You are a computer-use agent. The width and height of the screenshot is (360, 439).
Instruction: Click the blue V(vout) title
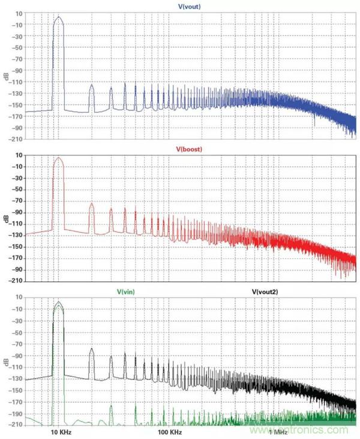189,6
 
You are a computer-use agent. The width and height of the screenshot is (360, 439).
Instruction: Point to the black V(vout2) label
265,291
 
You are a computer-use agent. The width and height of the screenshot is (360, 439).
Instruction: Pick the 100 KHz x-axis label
169,431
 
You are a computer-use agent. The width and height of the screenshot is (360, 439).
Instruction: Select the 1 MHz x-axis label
278,431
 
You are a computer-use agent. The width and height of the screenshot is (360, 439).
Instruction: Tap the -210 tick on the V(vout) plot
16,139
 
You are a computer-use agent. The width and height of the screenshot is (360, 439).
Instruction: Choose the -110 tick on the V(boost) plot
16,224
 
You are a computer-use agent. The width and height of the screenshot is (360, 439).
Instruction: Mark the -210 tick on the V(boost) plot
16,281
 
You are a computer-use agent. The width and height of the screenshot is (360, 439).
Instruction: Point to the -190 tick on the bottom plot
16,413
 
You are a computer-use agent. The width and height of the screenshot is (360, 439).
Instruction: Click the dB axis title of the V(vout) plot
5,76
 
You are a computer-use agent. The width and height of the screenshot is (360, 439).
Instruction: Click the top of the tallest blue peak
58,17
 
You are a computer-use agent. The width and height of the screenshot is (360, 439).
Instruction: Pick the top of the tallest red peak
58,158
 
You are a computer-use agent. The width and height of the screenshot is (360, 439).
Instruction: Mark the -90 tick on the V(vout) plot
16,70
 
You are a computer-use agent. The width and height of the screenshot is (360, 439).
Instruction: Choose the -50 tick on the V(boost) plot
16,190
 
